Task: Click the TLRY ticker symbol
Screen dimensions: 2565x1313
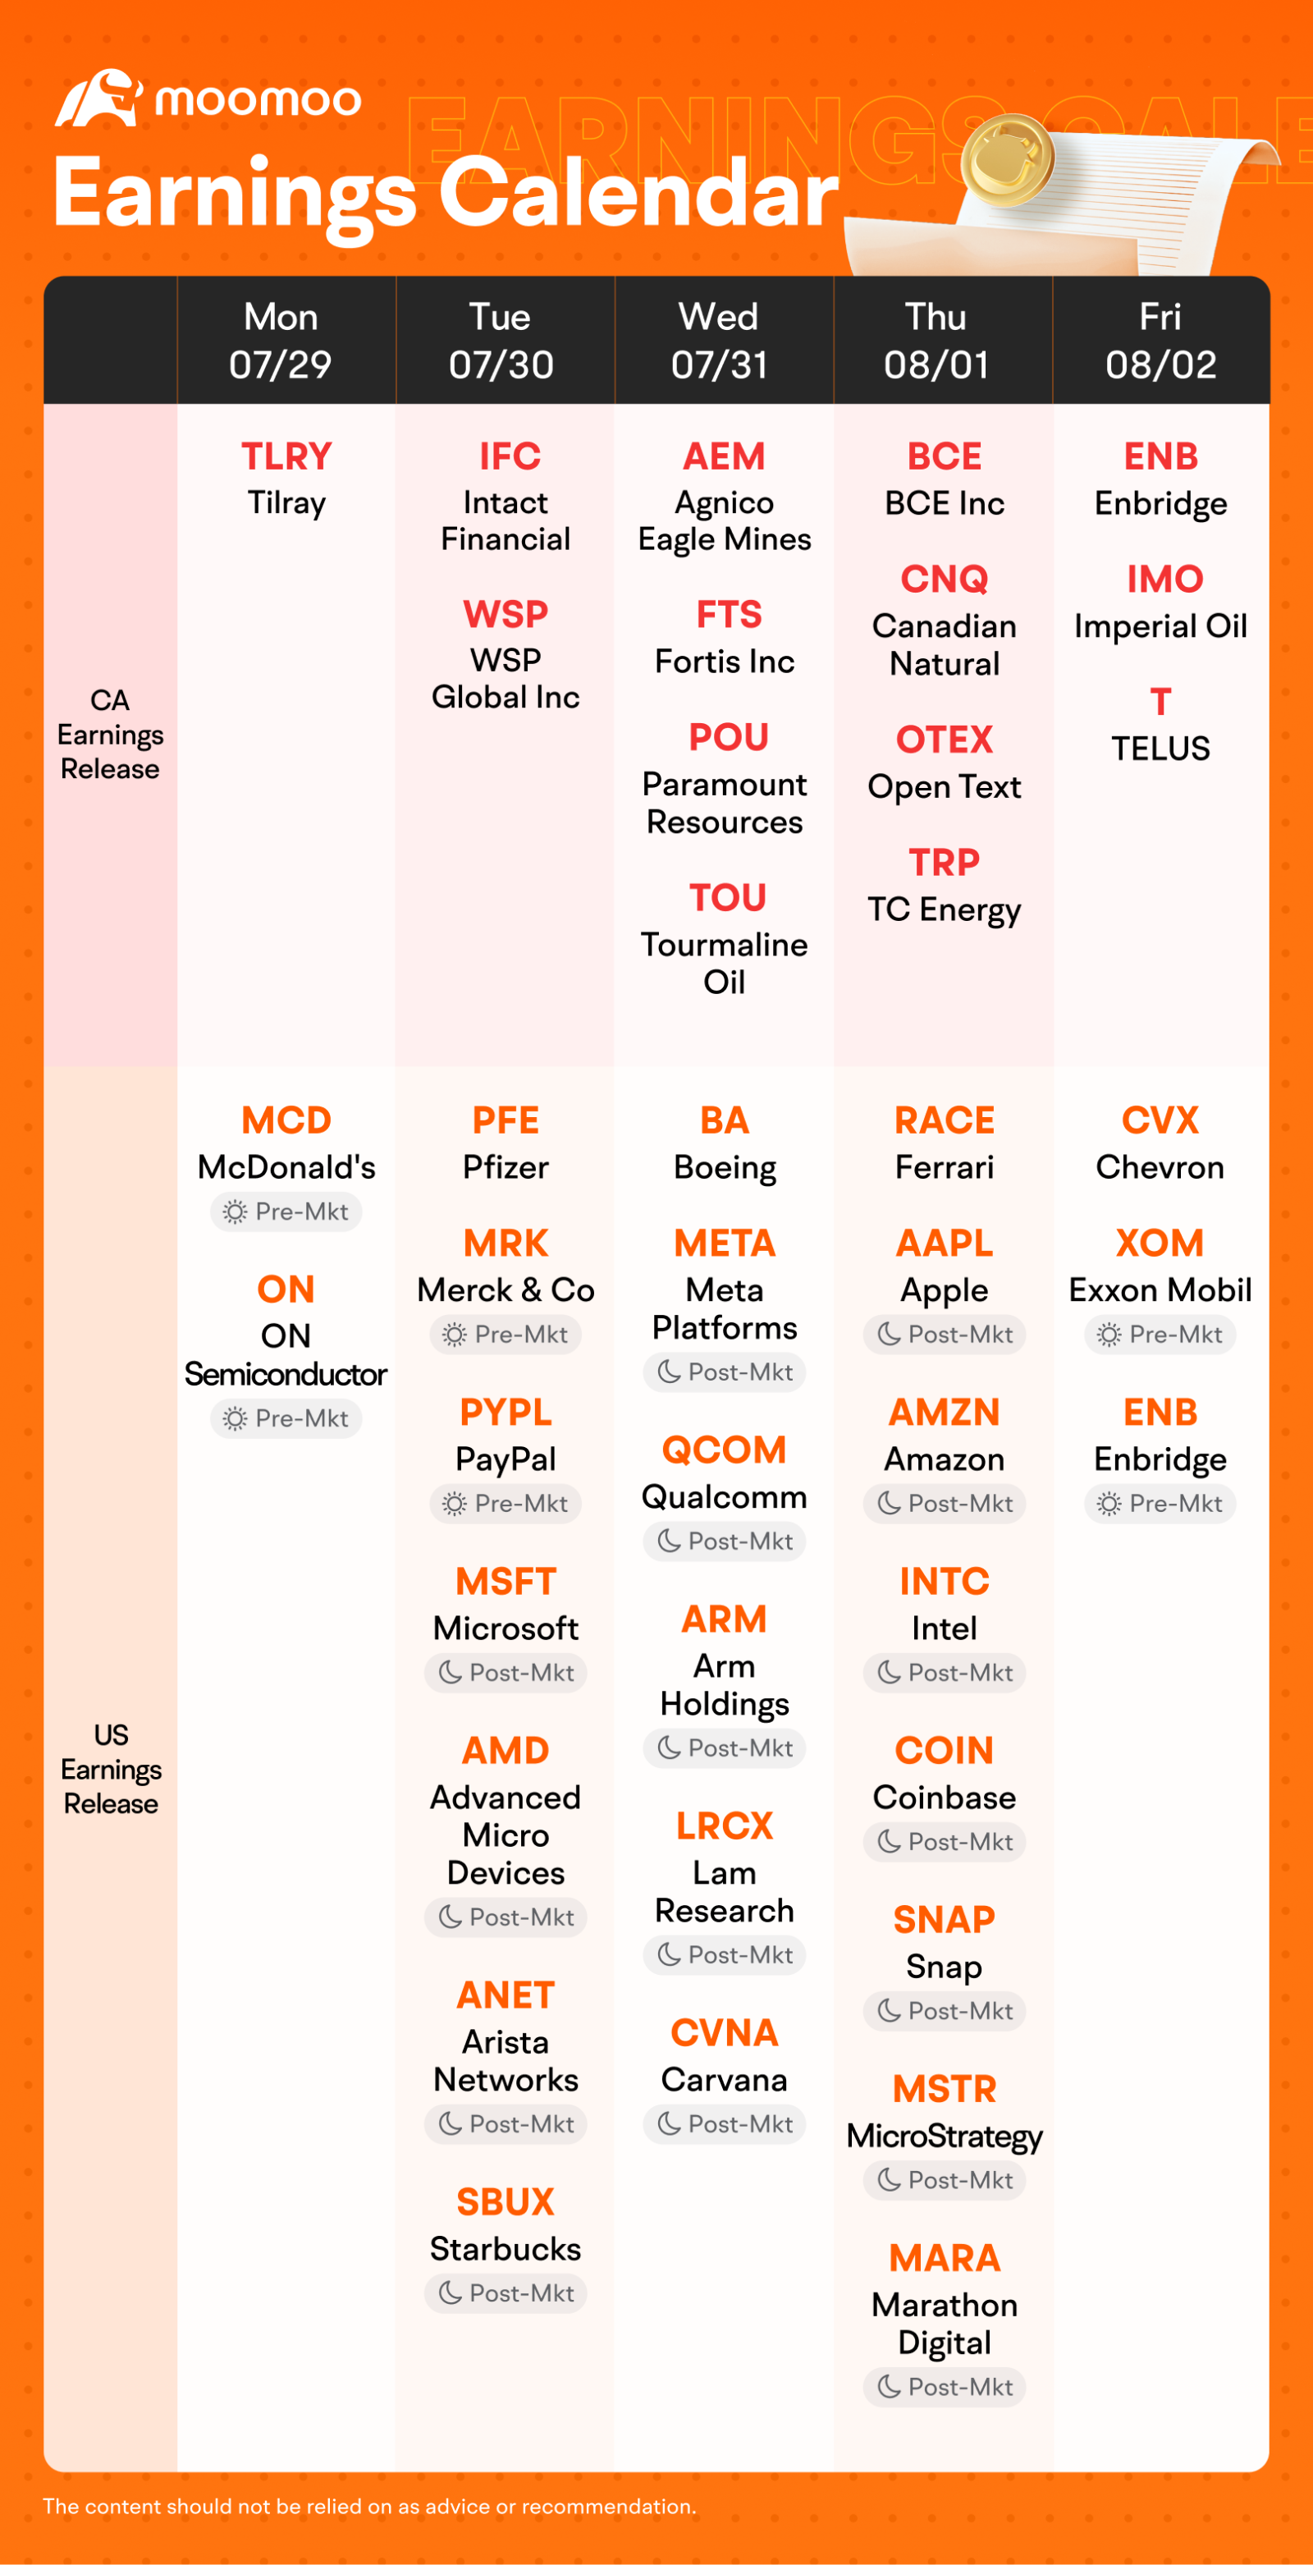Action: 286,456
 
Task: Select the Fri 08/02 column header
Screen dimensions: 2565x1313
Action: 1160,341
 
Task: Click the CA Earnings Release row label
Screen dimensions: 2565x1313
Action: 109,735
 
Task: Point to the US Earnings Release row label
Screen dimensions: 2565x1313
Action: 111,1770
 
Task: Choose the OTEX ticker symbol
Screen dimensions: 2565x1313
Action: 944,740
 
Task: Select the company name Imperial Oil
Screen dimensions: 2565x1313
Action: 1160,626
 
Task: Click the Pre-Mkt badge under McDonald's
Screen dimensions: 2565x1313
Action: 286,1212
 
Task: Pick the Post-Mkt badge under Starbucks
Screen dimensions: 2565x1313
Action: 506,2293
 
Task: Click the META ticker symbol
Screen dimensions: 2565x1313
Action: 724,1244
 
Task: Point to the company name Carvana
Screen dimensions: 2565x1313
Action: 724,2080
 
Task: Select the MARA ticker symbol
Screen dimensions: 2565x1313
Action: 944,2258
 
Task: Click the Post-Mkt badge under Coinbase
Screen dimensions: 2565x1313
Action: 944,1842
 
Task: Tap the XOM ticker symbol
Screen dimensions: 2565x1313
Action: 1160,1244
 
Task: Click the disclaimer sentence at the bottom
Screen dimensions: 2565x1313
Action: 369,2506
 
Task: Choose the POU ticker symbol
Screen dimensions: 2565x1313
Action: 728,738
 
